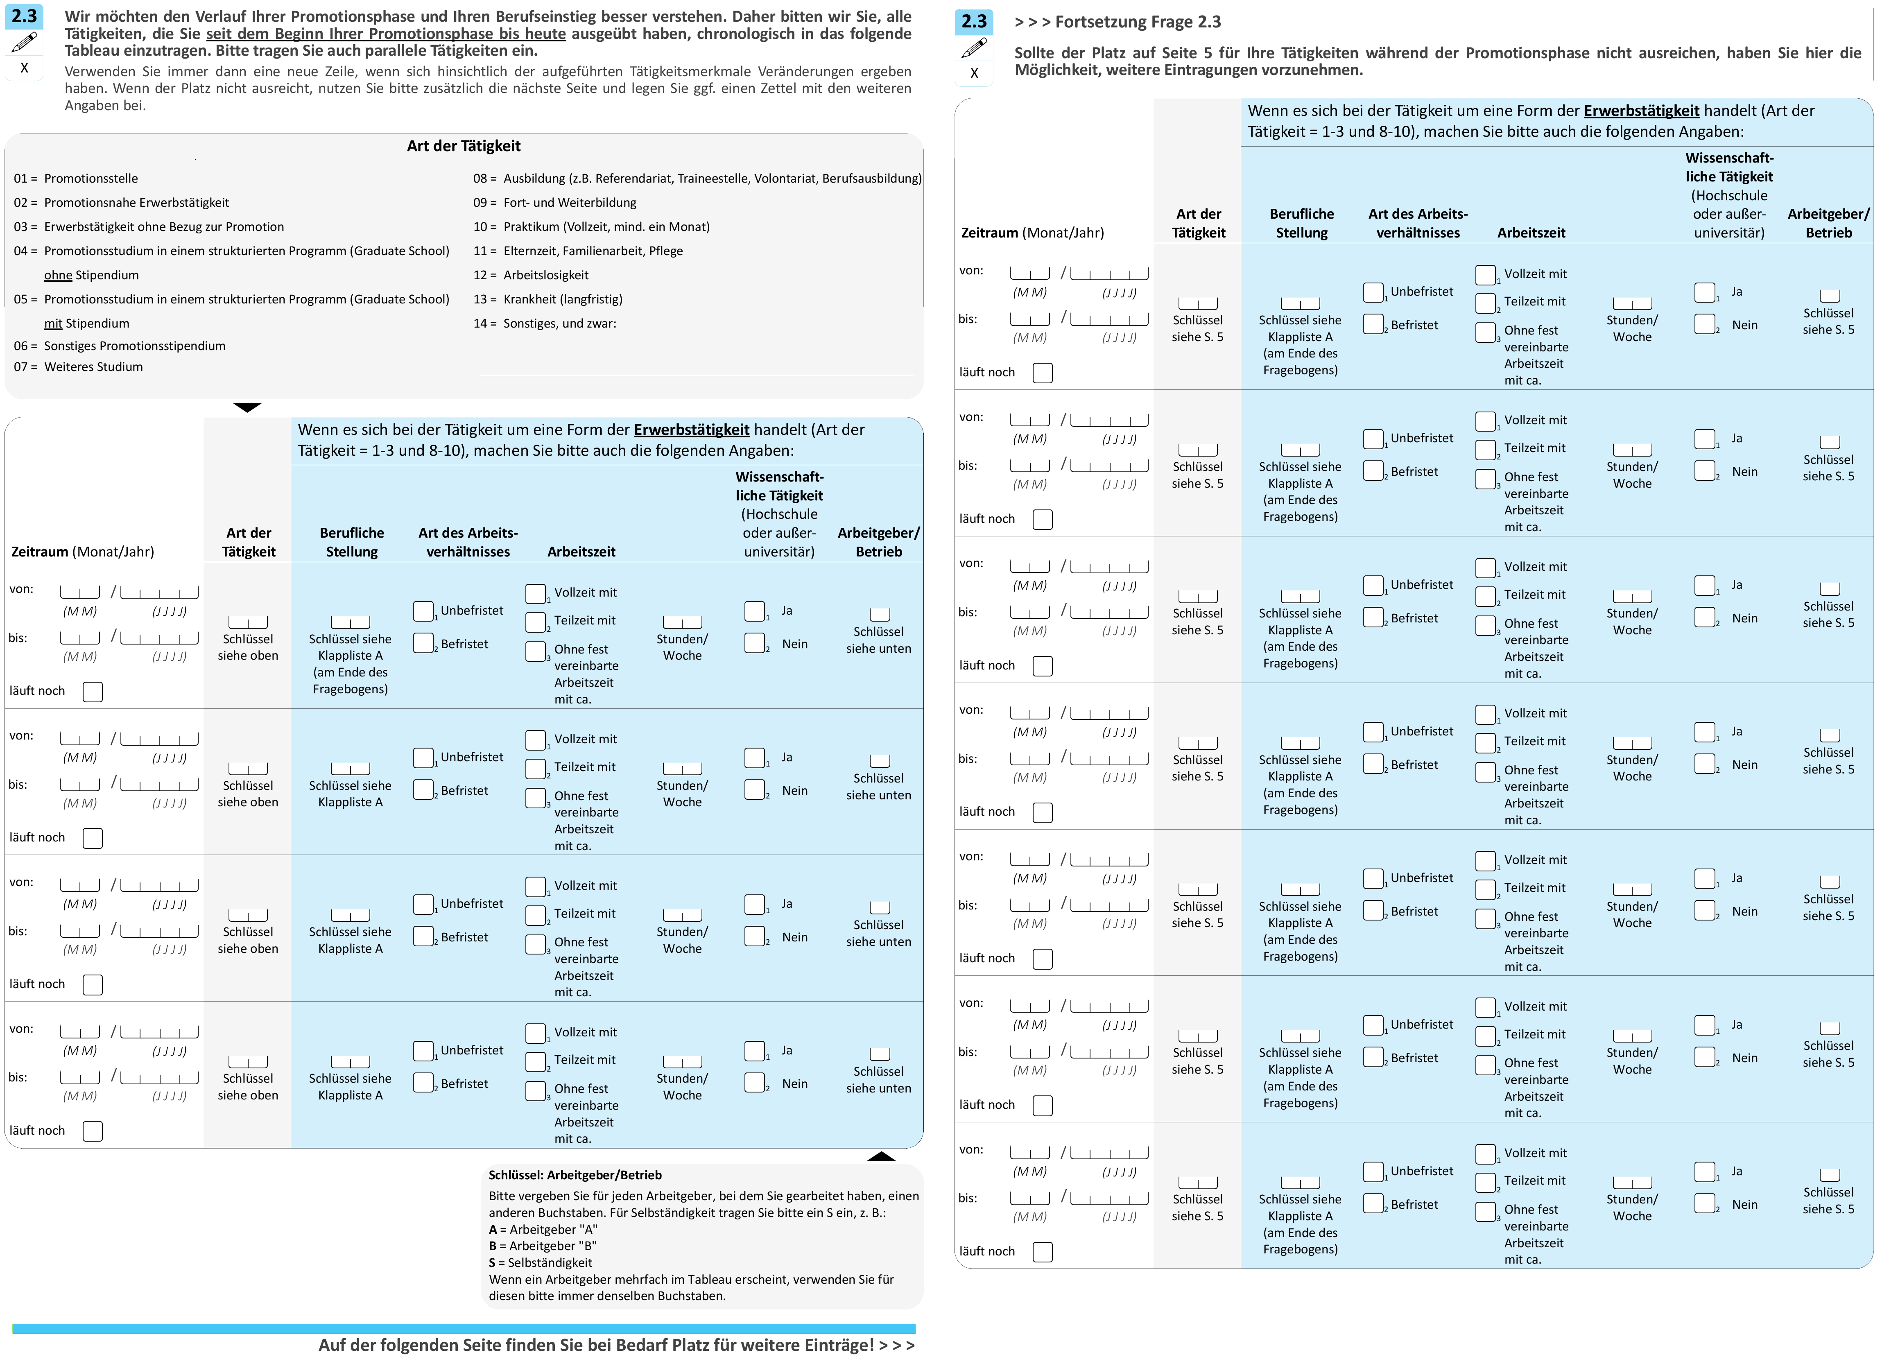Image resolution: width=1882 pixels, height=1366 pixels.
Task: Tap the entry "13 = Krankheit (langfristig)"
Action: [x=547, y=299]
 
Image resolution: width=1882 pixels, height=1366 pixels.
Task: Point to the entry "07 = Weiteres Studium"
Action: [x=78, y=367]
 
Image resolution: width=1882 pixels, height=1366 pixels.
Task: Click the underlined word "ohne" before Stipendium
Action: [x=58, y=275]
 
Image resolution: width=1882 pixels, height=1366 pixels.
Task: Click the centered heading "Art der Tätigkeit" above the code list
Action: [x=464, y=146]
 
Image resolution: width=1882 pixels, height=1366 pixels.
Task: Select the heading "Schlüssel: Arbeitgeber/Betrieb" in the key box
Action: [x=575, y=1175]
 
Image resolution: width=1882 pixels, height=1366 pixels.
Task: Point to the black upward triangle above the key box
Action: [x=881, y=1156]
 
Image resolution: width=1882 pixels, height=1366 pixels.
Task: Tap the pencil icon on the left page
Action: [x=24, y=41]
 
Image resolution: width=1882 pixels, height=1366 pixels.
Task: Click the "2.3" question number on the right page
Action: [x=974, y=22]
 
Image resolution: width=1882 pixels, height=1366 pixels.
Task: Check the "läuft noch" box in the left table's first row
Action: [x=93, y=691]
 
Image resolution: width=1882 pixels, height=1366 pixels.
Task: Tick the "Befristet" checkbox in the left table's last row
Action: [x=423, y=1083]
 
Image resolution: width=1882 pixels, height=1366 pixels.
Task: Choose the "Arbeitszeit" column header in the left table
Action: [x=582, y=552]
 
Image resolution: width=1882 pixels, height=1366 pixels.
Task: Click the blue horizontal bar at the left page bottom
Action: [x=464, y=1329]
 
